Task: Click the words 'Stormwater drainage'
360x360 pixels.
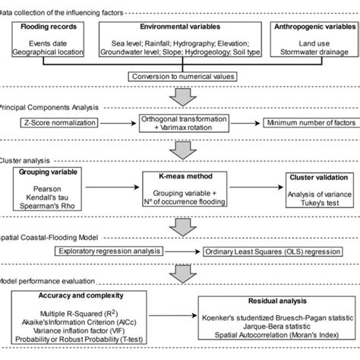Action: (x=311, y=52)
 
